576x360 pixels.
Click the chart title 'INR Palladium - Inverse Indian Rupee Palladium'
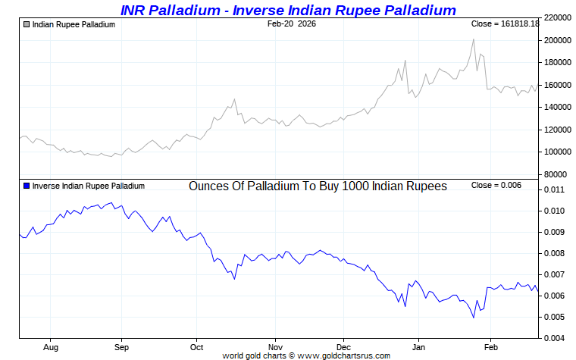pyautogui.click(x=288, y=10)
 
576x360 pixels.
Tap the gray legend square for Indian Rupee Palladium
pyautogui.click(x=27, y=24)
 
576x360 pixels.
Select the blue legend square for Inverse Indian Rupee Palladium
pyautogui.click(x=27, y=186)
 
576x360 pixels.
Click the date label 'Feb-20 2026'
pyautogui.click(x=292, y=24)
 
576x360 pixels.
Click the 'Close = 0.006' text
pyautogui.click(x=496, y=186)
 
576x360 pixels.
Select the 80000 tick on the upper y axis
pyautogui.click(x=556, y=174)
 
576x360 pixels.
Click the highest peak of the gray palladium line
pyautogui.click(x=474, y=39)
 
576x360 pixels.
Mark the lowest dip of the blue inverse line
pyautogui.click(x=473, y=317)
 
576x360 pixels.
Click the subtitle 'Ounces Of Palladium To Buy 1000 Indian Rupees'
pyautogui.click(x=318, y=186)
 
